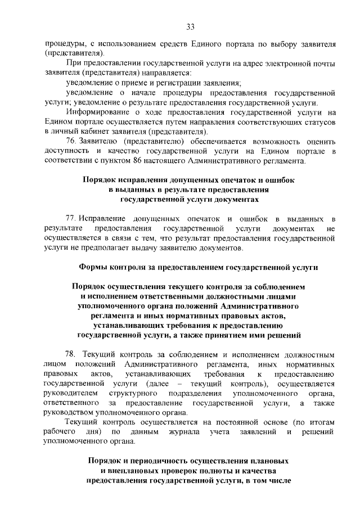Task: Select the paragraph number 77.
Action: tap(71, 219)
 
